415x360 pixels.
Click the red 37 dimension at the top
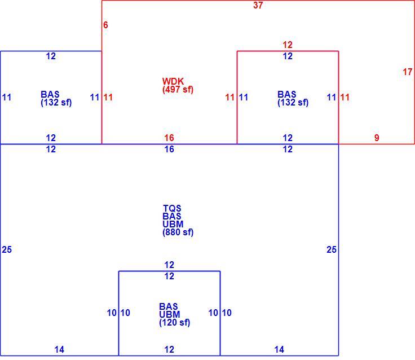point(258,5)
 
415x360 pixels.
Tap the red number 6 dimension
point(105,25)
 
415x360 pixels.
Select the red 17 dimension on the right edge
point(408,72)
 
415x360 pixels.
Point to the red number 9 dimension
point(377,138)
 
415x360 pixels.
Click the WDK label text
point(173,81)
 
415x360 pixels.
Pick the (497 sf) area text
point(178,89)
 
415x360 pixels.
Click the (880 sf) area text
point(178,232)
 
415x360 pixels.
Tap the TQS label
point(172,208)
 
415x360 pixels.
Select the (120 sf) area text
point(175,322)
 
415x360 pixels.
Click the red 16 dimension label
point(169,138)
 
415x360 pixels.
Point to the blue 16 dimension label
point(169,149)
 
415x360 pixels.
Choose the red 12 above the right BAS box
point(288,45)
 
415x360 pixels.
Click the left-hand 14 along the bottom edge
point(59,350)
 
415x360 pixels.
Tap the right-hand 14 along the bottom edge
point(279,350)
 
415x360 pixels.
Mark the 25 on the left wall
point(7,249)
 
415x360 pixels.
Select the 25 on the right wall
point(332,249)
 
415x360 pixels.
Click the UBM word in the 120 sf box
point(170,314)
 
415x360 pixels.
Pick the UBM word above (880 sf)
point(173,224)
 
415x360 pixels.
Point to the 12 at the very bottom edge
point(169,350)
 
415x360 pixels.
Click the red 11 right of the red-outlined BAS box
point(345,97)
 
